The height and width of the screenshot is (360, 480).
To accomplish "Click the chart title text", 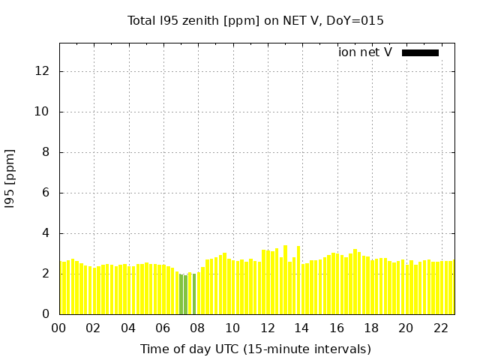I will [256, 21].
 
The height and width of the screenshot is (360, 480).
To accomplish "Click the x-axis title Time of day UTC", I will [256, 349].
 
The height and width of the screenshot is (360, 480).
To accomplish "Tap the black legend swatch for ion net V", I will [420, 52].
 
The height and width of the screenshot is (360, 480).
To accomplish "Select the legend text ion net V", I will [365, 52].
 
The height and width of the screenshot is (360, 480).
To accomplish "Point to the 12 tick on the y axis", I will [43, 71].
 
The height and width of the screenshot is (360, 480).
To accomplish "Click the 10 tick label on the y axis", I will [43, 112].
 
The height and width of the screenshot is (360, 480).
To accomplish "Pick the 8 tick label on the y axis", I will [46, 152].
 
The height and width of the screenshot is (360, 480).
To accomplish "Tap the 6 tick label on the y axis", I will [46, 193].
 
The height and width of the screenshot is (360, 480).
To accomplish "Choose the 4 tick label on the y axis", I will [46, 233].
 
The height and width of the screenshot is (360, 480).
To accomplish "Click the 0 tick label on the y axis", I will [46, 314].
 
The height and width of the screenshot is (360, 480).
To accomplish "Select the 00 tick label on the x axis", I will [59, 328].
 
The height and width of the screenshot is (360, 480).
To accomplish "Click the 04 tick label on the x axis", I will [128, 328].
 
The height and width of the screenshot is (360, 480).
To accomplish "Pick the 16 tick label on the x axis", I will [337, 328].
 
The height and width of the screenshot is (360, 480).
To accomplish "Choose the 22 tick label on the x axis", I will [441, 328].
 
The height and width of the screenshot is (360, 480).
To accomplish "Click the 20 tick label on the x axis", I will [406, 328].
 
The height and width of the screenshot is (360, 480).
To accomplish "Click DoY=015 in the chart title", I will [358, 21].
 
